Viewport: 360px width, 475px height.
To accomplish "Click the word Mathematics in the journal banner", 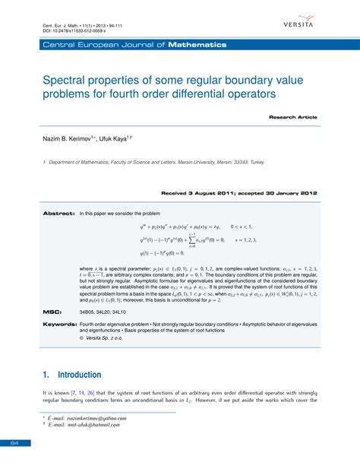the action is (197, 45).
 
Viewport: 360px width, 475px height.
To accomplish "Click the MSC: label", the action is (52, 312).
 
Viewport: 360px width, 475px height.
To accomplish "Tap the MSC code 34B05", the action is (89, 312).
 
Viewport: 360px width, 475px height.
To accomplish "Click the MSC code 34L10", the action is (129, 312).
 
